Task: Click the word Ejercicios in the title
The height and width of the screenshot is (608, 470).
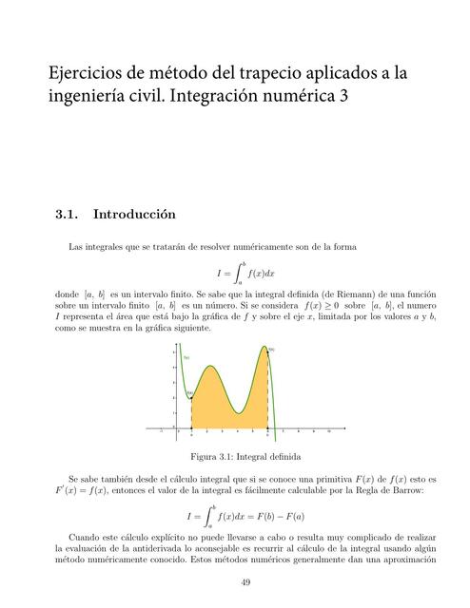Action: [x=88, y=73]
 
